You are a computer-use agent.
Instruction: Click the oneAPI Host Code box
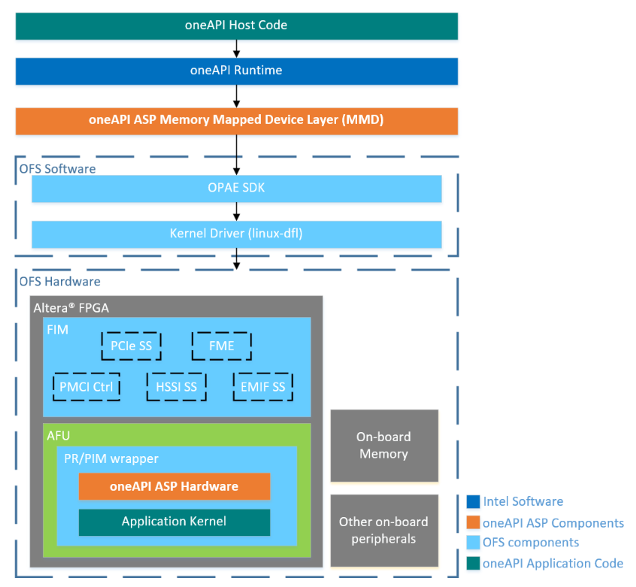(x=236, y=26)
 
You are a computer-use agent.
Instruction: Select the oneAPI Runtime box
(x=236, y=71)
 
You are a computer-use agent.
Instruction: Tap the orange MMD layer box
(x=236, y=121)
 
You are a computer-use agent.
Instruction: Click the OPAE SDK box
(x=236, y=189)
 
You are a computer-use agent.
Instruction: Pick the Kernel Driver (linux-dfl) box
(x=236, y=234)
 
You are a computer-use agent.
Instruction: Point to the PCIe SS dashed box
(x=131, y=346)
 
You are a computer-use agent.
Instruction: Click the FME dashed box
(x=222, y=346)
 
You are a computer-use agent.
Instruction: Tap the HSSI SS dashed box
(x=176, y=387)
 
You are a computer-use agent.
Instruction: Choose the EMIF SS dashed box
(x=262, y=387)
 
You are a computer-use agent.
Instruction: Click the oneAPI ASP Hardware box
(x=174, y=486)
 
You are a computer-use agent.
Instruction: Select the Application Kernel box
(x=174, y=522)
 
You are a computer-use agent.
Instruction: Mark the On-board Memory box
(x=383, y=446)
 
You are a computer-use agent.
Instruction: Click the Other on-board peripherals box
(x=383, y=530)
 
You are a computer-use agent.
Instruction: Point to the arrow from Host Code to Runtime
(x=237, y=48)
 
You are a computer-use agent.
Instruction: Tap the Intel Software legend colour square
(x=474, y=502)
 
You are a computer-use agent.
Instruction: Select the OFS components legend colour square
(x=474, y=543)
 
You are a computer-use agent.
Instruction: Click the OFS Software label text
(x=57, y=169)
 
